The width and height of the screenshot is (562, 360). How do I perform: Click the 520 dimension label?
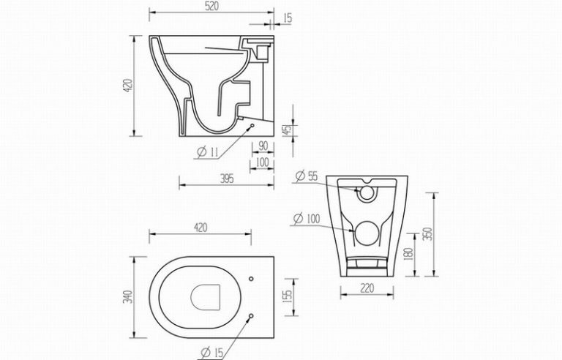pyautogui.click(x=211, y=7)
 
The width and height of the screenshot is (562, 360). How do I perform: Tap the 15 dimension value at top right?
pyautogui.click(x=288, y=18)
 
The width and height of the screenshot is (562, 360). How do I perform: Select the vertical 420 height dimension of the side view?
pyautogui.click(x=128, y=86)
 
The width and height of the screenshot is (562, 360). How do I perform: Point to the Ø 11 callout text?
pyautogui.click(x=208, y=152)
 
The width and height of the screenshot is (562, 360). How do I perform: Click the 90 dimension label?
pyautogui.click(x=263, y=146)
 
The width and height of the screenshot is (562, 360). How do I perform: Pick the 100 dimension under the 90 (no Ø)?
pyautogui.click(x=263, y=162)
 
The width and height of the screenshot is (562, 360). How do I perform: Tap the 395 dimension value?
pyautogui.click(x=227, y=179)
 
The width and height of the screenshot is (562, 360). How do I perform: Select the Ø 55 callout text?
pyautogui.click(x=307, y=176)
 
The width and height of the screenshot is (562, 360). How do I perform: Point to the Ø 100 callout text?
pyautogui.click(x=307, y=218)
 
